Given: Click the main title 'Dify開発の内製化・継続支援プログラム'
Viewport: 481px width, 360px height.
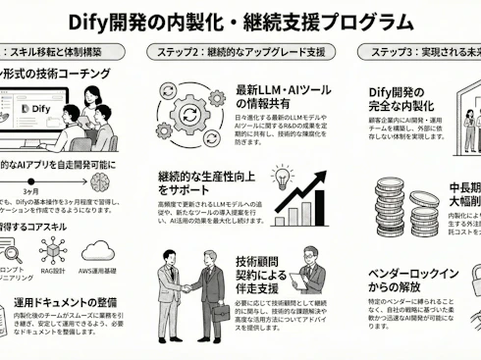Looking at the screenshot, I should pos(241,21).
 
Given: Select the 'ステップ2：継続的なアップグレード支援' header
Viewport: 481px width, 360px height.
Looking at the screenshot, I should pos(240,51).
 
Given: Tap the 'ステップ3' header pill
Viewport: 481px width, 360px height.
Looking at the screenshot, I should pos(421,51).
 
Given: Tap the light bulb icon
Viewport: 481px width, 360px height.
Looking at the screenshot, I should pos(283,178).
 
